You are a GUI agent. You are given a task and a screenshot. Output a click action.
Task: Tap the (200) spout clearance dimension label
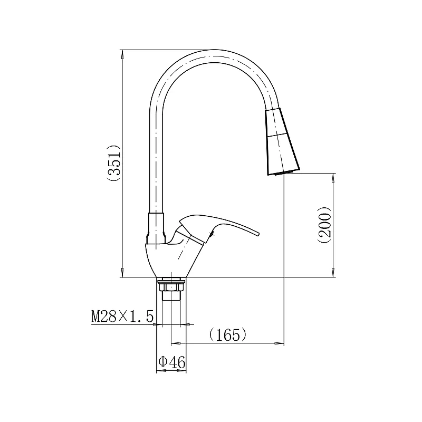tap(324, 225)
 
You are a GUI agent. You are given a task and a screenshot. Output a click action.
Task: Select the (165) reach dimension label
tap(228, 334)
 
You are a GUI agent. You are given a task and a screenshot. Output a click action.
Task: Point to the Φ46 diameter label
tap(172, 362)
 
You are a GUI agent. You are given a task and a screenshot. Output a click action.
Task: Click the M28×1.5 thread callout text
tap(122, 316)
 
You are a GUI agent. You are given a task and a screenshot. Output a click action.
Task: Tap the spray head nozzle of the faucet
tap(282, 141)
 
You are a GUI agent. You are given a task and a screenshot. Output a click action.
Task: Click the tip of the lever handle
tap(258, 234)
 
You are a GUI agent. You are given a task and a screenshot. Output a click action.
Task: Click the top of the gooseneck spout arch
tap(214, 50)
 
